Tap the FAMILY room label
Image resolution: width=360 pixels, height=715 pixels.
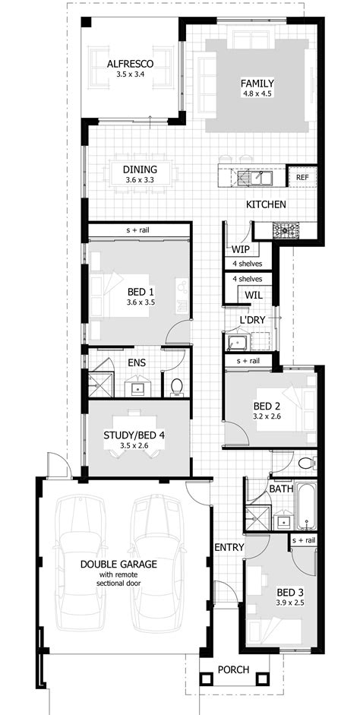(x=257, y=84)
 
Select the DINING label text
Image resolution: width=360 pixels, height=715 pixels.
(x=140, y=169)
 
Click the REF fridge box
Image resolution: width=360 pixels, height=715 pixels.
(x=303, y=177)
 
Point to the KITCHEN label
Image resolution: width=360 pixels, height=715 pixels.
(x=265, y=205)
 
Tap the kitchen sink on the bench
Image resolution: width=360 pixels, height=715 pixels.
(x=256, y=177)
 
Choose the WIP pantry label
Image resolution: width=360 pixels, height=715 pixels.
(x=241, y=248)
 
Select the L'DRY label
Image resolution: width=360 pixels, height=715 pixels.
(x=252, y=320)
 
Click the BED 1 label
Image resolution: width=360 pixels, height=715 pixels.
(x=141, y=292)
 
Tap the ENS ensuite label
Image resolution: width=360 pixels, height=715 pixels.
(x=137, y=362)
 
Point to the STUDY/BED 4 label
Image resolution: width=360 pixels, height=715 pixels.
(x=134, y=435)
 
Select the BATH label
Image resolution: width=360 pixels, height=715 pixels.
(x=281, y=489)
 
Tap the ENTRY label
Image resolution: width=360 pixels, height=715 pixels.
(x=228, y=547)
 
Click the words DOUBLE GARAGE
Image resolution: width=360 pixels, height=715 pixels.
(x=121, y=564)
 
